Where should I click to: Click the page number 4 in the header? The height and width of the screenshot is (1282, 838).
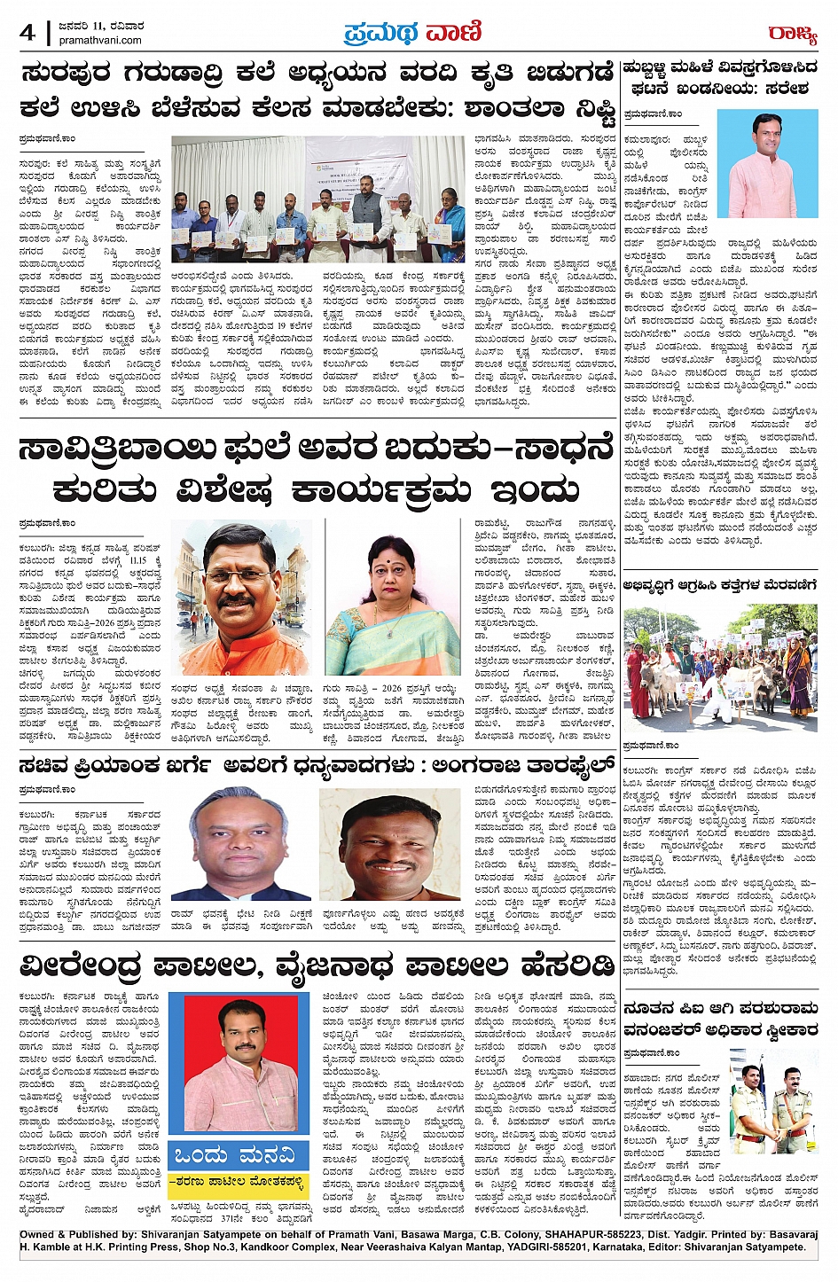tap(27, 34)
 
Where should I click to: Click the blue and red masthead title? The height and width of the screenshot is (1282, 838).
tap(412, 33)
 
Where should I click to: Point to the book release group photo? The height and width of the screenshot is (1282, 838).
tap(317, 199)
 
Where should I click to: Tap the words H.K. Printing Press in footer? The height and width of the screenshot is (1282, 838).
tap(90, 1247)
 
